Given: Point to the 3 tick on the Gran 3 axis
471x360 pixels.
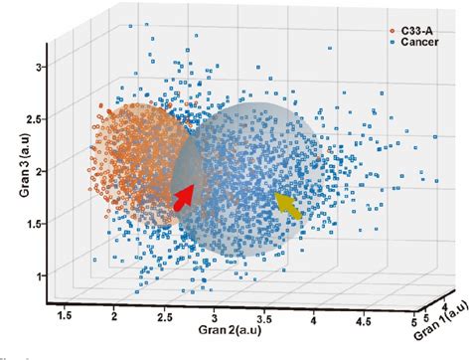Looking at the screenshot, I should [x=40, y=67].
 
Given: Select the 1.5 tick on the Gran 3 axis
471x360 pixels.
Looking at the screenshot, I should [x=35, y=225].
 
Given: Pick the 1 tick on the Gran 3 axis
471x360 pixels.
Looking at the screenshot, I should [x=40, y=275].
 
